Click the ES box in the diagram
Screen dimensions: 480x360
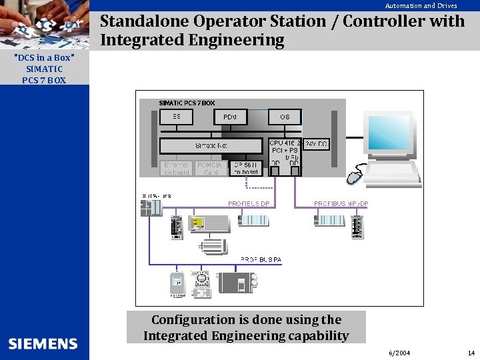177,117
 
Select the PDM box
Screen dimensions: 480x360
230,117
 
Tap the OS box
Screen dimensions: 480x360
285,117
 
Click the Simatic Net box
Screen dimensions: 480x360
212,145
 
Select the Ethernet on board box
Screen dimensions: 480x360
177,168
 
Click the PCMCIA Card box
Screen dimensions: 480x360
211,168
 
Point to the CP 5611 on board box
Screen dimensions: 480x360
246,168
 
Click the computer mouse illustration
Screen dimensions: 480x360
354,177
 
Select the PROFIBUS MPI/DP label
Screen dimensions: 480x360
341,203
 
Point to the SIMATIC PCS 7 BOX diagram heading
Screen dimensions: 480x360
187,103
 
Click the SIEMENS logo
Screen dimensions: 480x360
43,344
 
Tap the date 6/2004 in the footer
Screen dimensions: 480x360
399,353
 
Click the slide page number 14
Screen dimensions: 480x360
471,353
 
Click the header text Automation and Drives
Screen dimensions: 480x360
421,6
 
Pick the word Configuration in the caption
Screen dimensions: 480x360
193,320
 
